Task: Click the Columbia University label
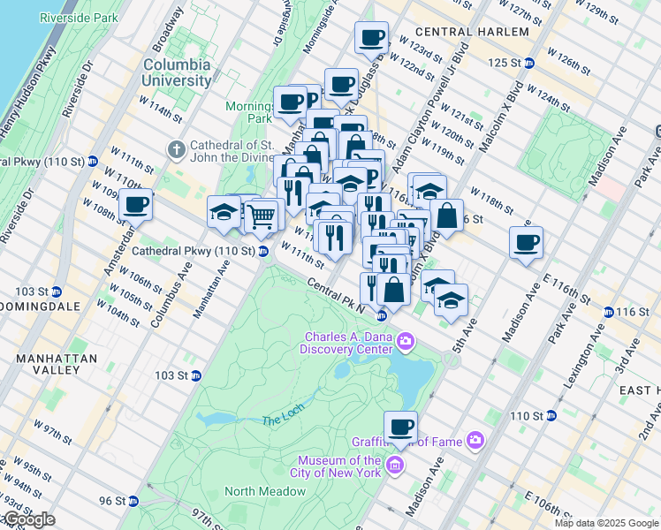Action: pos(177,72)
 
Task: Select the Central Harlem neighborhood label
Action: pos(477,32)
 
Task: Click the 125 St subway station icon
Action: pos(528,63)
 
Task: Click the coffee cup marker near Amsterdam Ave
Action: pos(135,205)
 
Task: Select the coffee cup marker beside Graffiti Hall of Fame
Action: pos(400,427)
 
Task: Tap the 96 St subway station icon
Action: pos(133,501)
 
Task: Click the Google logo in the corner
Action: pos(28,519)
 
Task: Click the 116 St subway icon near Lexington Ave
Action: pos(607,312)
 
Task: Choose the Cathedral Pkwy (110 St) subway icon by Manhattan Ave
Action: pos(263,252)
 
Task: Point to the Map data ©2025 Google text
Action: pos(605,523)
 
